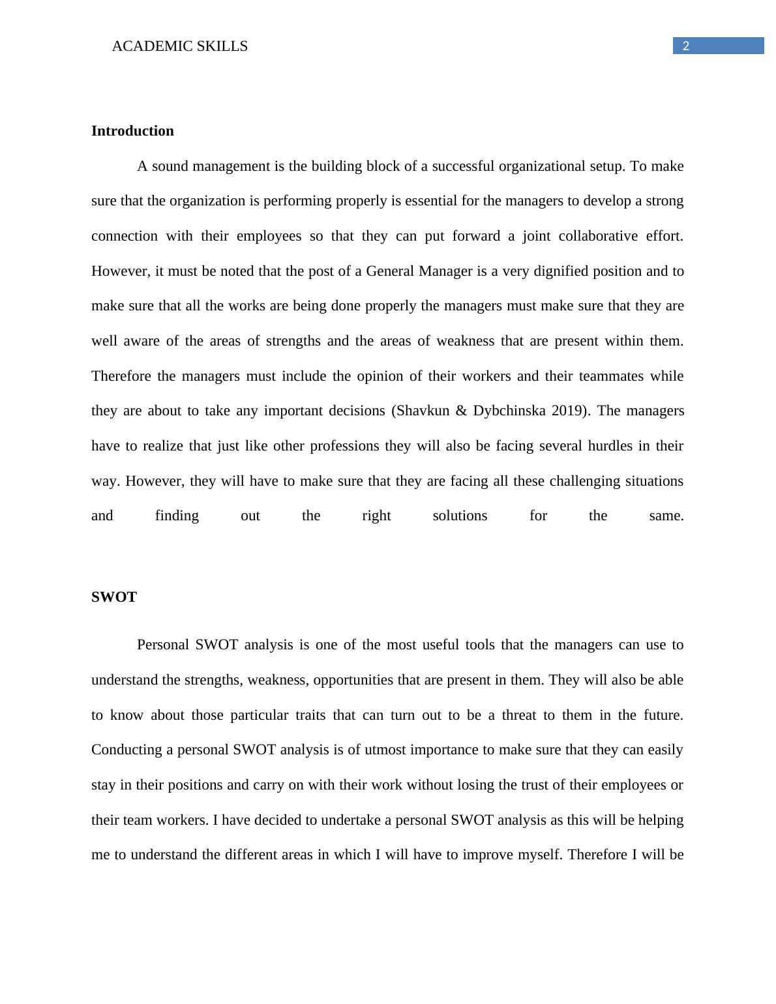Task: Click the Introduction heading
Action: click(x=132, y=131)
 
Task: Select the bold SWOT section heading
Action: click(x=114, y=597)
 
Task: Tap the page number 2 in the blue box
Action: click(x=685, y=46)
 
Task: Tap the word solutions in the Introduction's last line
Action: click(x=460, y=516)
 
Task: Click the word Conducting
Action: click(x=127, y=750)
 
